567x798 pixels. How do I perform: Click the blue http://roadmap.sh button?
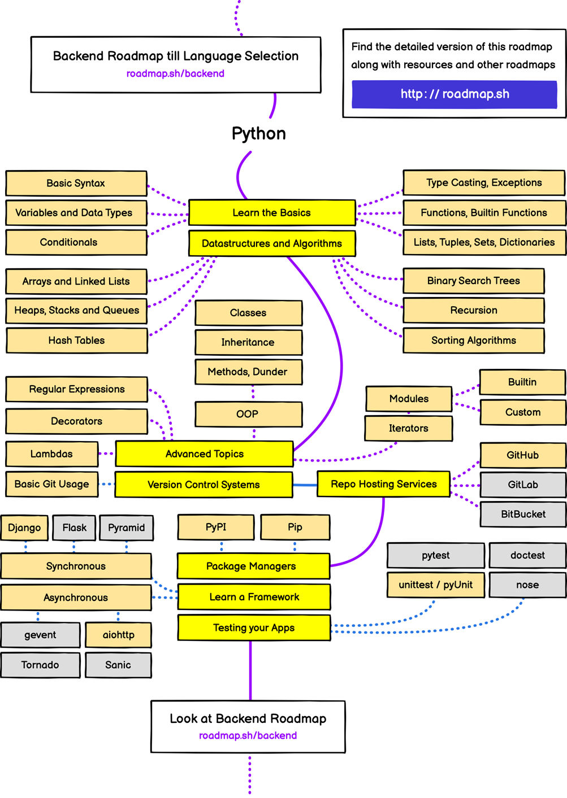coord(454,94)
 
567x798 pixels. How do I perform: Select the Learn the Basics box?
coord(272,213)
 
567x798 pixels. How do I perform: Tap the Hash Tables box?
coord(77,341)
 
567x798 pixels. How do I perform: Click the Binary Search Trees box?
coord(473,281)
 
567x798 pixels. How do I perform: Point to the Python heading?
coord(259,134)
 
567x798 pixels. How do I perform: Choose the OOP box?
coord(248,414)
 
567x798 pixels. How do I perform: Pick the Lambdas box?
coord(51,454)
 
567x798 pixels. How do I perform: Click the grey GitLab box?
coord(522,485)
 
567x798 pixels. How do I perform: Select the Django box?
coord(24,527)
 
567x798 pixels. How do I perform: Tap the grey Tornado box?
coord(40,665)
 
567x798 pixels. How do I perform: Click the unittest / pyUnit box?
coord(435,585)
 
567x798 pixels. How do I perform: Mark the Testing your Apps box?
coord(254,628)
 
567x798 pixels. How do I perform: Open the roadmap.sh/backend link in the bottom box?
coord(248,736)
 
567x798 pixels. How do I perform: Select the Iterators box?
coord(408,428)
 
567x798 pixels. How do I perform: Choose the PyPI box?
coord(216,527)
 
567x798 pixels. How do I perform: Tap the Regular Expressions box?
coord(77,389)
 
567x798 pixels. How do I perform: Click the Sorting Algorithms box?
coord(473,341)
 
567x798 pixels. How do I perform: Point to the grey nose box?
coord(527,585)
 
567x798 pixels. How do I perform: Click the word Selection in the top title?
coord(269,56)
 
